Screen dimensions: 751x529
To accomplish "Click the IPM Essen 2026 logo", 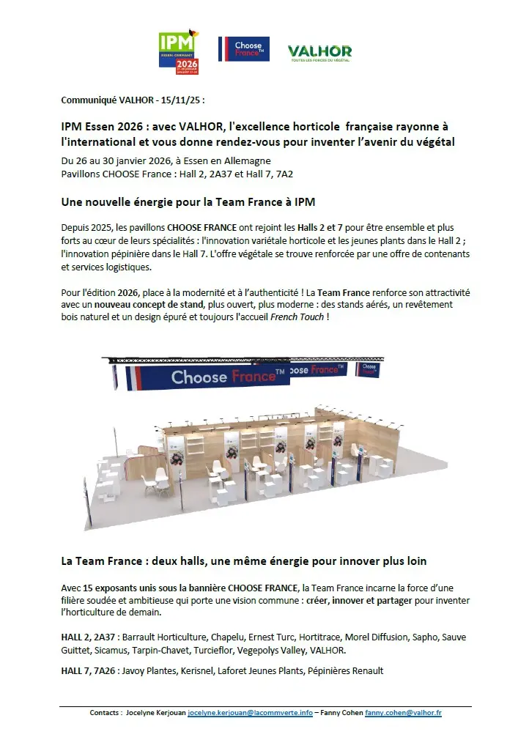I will tap(179, 53).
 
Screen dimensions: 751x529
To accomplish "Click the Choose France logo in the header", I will tap(244, 49).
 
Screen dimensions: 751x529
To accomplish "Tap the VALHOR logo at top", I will tap(319, 51).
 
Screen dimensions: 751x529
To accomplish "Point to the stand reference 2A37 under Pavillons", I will tap(204, 174).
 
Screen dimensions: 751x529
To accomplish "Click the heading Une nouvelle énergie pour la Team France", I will tap(188, 201).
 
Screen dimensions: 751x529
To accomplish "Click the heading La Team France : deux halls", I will tap(243, 561).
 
